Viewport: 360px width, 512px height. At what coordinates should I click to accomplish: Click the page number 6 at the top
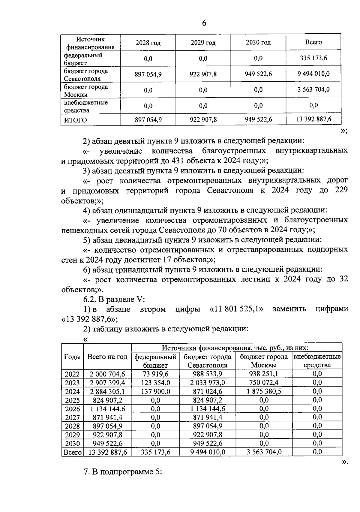tap(204, 23)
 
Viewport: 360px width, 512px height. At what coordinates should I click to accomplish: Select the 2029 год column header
tap(203, 43)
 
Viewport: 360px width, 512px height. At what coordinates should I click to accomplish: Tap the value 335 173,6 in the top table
tap(313, 58)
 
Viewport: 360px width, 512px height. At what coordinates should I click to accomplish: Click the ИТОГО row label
tap(75, 120)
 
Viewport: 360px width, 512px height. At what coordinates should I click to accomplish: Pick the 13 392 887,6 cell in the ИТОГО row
tap(313, 119)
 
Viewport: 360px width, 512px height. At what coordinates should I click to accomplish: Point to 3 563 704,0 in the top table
tap(313, 89)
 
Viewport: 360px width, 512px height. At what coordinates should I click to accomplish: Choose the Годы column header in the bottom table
tap(72, 357)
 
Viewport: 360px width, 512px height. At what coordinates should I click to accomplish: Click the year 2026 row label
tap(72, 409)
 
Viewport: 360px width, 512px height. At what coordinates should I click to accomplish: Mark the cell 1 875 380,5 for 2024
tap(264, 391)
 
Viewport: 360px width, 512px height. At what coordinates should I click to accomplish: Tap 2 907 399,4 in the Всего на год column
tap(107, 383)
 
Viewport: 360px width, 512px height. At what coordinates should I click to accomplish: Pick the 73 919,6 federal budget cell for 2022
tap(155, 374)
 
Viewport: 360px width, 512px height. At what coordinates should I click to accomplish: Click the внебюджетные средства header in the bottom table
tap(317, 361)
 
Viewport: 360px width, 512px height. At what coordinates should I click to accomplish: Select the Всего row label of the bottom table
tap(72, 452)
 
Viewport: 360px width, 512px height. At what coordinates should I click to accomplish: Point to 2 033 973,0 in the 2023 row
tap(207, 383)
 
